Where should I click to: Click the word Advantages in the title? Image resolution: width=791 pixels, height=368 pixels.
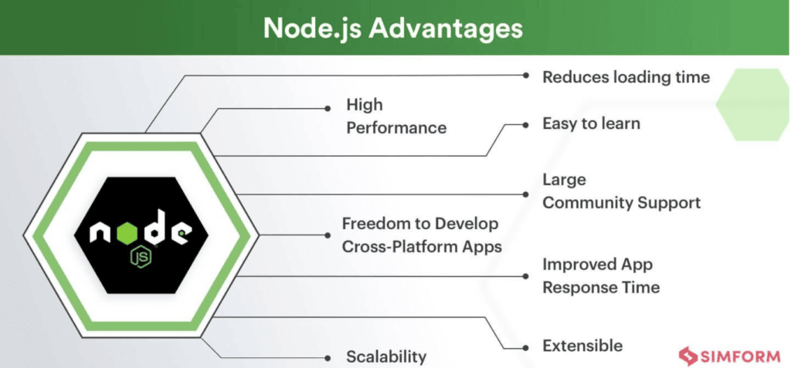[445, 29]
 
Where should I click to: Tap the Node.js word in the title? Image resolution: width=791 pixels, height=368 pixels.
[311, 29]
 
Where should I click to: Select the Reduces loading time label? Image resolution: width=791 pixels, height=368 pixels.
[626, 77]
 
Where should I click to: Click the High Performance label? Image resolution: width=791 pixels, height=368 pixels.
[396, 116]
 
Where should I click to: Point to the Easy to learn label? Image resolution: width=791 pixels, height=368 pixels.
[591, 123]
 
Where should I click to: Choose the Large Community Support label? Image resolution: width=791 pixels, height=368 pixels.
[622, 191]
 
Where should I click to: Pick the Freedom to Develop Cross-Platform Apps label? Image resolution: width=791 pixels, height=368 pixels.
[423, 235]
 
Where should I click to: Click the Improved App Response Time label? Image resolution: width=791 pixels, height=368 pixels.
[601, 275]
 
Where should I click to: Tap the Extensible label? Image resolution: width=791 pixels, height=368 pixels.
[582, 346]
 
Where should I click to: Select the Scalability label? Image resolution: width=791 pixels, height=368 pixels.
[386, 357]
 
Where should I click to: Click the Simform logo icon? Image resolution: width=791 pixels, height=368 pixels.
[687, 356]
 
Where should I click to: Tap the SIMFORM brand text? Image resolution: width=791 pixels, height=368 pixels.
[740, 357]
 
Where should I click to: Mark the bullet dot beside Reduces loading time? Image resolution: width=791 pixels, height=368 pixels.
[526, 76]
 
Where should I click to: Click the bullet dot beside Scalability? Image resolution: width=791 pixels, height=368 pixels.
[328, 357]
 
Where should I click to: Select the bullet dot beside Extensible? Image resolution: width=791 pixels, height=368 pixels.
[525, 348]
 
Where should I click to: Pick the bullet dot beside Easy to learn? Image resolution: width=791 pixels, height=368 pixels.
[526, 124]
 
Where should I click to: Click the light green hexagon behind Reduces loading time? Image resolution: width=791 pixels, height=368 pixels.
[752, 104]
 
